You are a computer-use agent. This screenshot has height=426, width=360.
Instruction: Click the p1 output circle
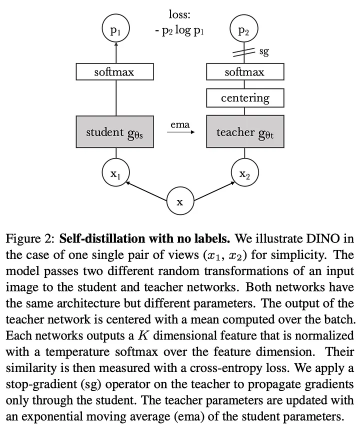116,31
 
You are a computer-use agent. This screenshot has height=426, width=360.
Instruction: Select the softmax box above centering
244,72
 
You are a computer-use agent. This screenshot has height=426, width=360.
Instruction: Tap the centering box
245,98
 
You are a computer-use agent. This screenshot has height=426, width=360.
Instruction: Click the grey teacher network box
245,132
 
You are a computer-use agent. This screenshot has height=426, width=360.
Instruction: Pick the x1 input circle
116,174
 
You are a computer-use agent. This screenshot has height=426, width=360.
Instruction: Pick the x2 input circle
244,174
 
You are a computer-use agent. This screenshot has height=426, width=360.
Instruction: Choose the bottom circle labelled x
180,202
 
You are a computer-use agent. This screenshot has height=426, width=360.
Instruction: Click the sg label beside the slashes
264,52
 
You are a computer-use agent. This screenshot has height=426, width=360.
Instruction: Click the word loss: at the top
180,15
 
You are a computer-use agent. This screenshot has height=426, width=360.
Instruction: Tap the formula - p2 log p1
180,30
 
